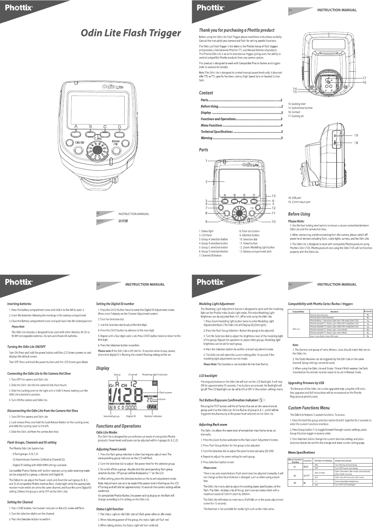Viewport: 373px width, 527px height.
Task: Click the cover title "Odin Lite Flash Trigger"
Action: (131, 33)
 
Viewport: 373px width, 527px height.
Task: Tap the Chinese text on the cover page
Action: (123, 221)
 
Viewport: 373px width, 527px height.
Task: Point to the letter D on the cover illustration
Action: (119, 127)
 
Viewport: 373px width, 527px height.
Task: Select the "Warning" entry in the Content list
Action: (207, 138)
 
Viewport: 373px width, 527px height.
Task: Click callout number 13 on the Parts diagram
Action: (273, 196)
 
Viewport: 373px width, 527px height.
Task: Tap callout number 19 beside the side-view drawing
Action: (356, 135)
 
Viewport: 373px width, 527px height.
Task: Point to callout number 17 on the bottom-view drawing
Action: (364, 78)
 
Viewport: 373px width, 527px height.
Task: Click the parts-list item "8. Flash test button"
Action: (249, 231)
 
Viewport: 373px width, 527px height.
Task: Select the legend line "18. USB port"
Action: (294, 198)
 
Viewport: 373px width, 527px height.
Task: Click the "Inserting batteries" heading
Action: (19, 304)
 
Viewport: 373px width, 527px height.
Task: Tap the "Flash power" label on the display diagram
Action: (166, 392)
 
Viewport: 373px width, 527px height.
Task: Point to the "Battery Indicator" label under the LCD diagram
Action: (153, 416)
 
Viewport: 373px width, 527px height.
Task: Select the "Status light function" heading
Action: (110, 509)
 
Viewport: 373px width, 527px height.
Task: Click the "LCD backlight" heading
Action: (208, 375)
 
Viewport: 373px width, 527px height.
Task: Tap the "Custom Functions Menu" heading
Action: (309, 408)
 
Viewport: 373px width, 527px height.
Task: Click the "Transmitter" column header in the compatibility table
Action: (298, 311)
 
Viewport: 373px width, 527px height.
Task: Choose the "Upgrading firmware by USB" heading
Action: (306, 383)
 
